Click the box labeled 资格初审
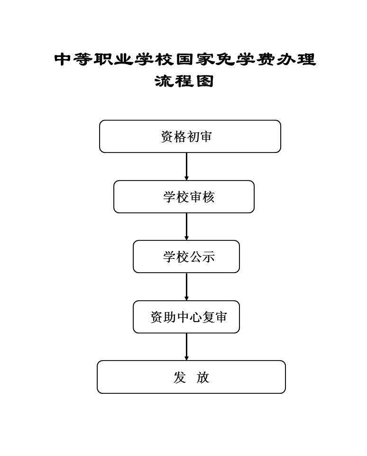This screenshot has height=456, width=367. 190,136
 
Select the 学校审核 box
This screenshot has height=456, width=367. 184,197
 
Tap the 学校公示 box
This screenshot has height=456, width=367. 186,256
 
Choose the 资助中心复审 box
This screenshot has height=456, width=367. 186,317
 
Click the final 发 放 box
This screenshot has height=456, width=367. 191,377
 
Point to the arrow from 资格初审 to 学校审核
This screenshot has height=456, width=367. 186,166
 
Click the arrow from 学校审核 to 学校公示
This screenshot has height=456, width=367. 186,227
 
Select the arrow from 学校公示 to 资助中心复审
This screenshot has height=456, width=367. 186,287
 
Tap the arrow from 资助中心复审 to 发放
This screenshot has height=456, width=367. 186,347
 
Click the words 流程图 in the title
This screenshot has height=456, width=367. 184,81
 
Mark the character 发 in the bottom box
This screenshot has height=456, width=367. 179,377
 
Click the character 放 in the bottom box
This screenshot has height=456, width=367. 202,377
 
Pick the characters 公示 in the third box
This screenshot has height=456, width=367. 202,257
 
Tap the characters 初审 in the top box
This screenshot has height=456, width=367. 199,137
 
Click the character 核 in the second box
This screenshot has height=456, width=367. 208,197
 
